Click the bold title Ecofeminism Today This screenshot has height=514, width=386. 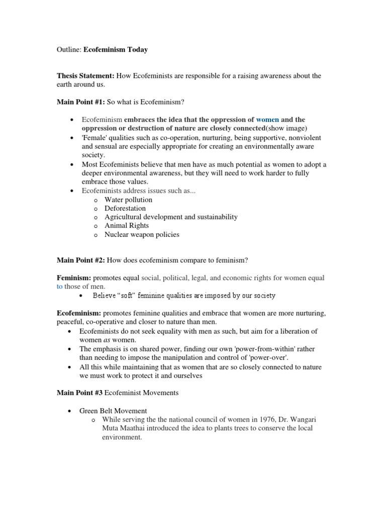pos(116,50)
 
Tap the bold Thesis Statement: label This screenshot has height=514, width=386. pos(85,76)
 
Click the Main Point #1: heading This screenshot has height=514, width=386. pos(81,102)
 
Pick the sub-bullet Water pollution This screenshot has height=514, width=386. pos(128,199)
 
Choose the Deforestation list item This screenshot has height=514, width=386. pos(125,208)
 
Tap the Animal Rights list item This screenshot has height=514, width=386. pos(127,225)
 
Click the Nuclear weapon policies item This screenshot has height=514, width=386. pos(142,234)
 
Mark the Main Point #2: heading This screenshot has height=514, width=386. pos(81,260)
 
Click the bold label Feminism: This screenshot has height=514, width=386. pos(74,278)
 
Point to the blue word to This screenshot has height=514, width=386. pos(60,286)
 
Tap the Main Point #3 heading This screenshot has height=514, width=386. pos(79,393)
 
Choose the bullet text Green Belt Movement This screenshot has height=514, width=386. pos(113,410)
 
